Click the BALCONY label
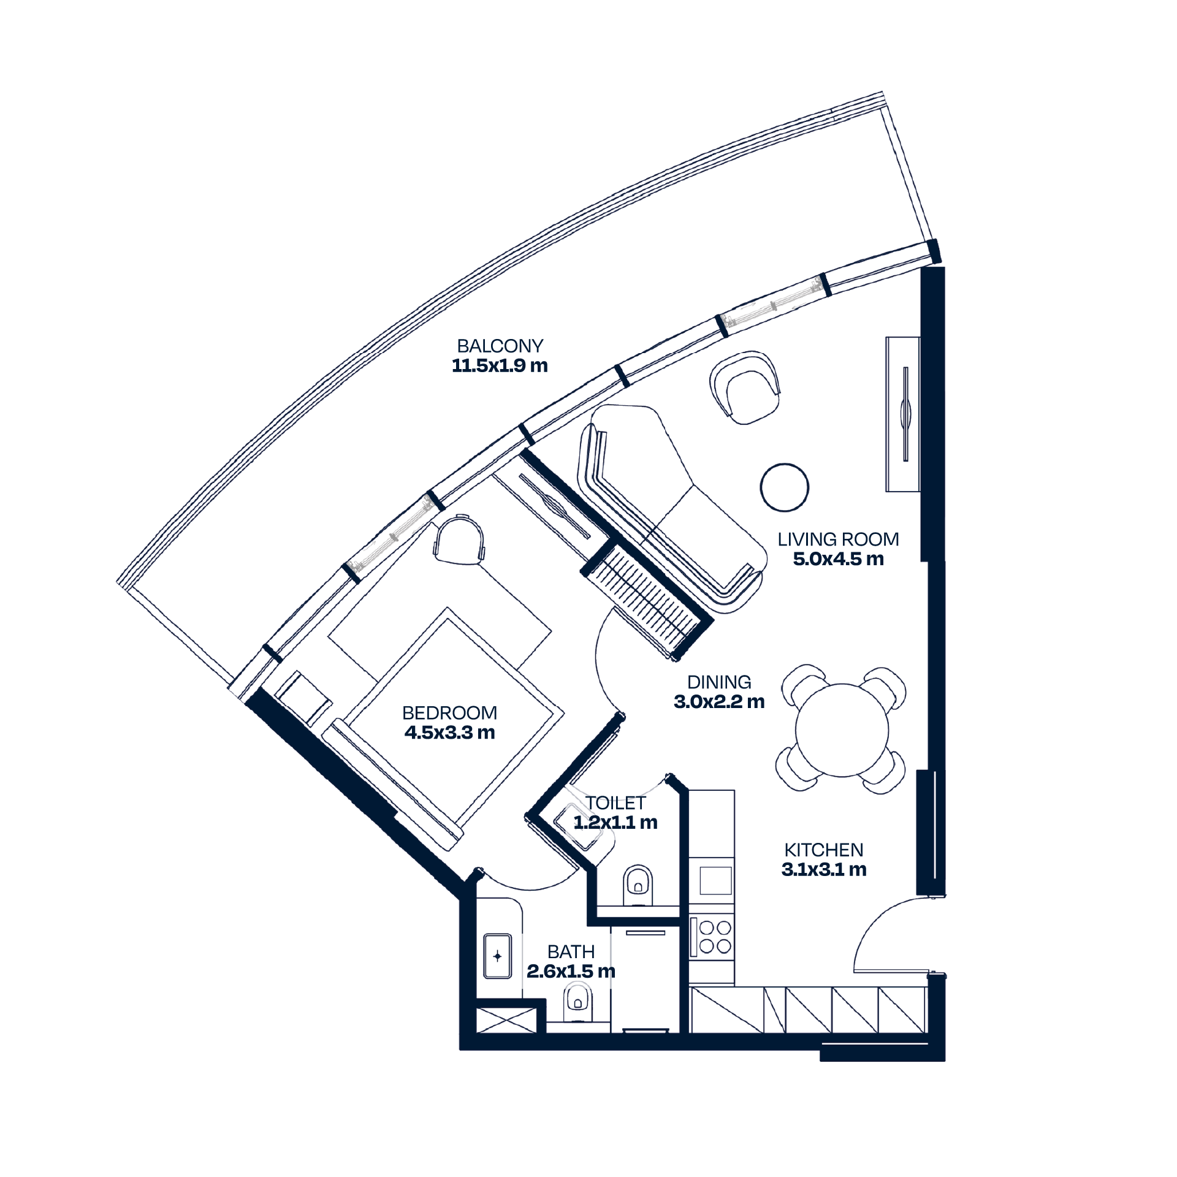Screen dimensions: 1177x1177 [500, 346]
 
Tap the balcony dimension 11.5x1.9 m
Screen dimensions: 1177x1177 [500, 366]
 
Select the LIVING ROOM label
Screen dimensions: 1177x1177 [838, 539]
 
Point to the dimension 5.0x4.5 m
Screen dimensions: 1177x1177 [838, 559]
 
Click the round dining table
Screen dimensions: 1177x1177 [842, 730]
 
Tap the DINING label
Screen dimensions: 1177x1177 [719, 682]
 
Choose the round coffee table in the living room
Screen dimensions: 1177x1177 [785, 487]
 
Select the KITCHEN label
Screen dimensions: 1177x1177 [824, 850]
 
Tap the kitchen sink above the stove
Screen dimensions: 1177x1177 [715, 881]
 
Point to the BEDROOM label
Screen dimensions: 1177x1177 [449, 713]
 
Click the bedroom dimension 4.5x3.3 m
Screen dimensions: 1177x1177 [449, 733]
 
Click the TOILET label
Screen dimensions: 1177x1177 [615, 803]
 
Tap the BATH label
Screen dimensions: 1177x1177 [571, 952]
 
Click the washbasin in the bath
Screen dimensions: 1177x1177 [497, 956]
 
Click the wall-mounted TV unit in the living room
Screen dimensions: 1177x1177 [902, 414]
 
